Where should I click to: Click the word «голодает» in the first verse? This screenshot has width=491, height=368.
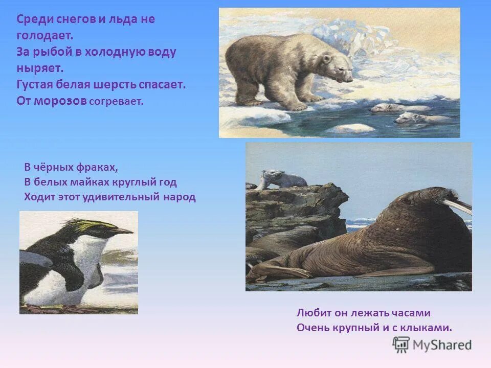coord(44,36)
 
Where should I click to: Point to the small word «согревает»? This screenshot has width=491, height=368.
coord(117,101)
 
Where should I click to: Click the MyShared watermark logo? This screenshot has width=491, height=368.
coord(432,344)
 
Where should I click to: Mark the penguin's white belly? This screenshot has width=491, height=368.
coord(95,266)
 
